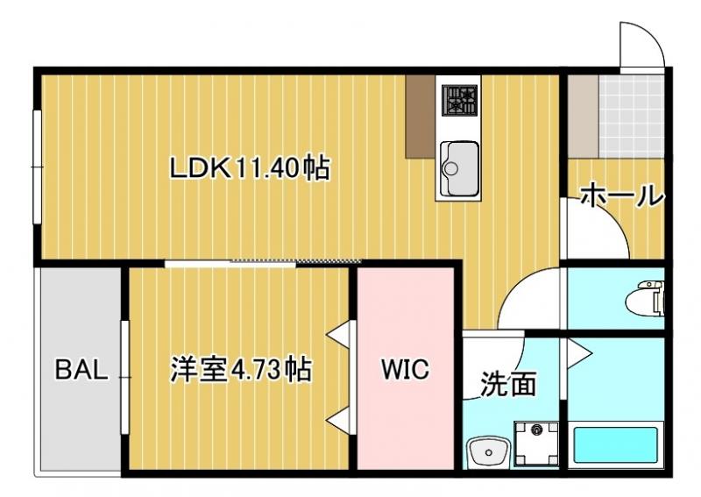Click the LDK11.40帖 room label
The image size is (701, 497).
250,167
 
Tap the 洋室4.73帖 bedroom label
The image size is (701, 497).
240,370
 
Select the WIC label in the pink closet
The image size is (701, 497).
404,370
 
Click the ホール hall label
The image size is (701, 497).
621,195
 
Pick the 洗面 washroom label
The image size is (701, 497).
508,383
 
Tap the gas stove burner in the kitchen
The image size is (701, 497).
459,101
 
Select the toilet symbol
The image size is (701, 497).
648,297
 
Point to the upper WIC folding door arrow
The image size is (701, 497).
342,334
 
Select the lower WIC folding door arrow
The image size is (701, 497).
342,420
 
